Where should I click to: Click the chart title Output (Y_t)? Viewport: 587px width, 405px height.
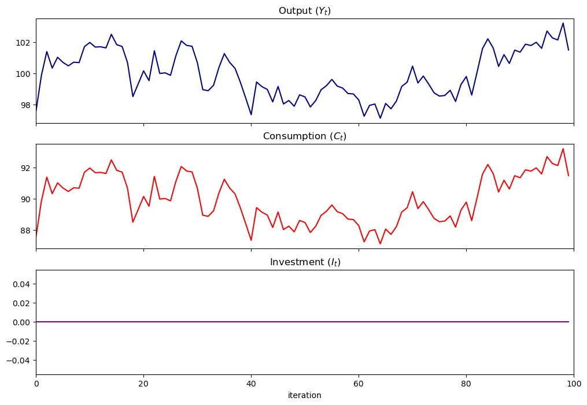[305, 11]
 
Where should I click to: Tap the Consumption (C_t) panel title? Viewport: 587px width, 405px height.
[305, 136]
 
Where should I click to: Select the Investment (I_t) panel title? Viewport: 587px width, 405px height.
[305, 262]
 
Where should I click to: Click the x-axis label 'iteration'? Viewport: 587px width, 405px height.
[305, 396]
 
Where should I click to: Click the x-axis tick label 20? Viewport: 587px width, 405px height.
[143, 382]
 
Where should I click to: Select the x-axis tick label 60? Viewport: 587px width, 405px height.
[359, 382]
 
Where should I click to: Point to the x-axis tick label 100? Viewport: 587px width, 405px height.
[574, 382]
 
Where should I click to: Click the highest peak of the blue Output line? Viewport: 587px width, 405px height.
[563, 23]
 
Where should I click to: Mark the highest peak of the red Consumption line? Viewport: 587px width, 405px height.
[563, 148]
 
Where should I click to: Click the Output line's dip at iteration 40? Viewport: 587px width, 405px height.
[251, 114]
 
